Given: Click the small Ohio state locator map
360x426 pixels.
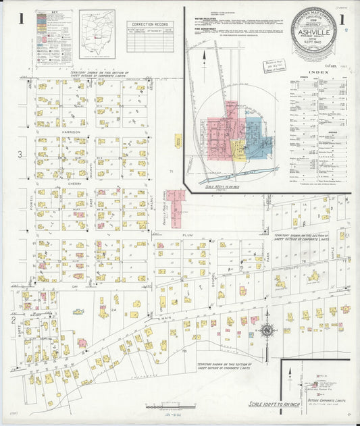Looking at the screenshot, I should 97,34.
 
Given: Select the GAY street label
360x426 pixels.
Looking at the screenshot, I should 76,286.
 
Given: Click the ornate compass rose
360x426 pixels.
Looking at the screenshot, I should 265,331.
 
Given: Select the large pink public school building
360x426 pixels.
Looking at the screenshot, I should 176,207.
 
